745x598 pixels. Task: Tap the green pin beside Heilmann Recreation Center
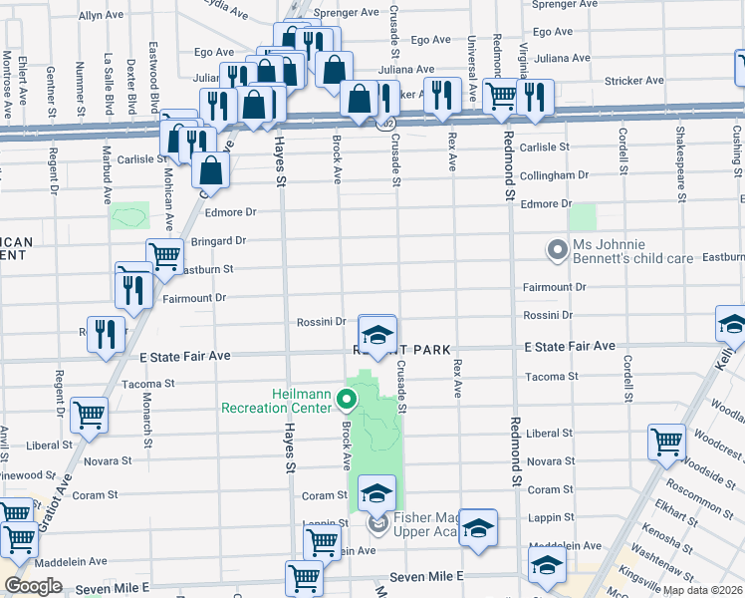pyautogui.click(x=348, y=402)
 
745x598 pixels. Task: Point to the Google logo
pyautogui.click(x=32, y=586)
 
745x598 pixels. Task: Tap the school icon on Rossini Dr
pyautogui.click(x=376, y=335)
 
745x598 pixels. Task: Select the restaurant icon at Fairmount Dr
pyautogui.click(x=132, y=288)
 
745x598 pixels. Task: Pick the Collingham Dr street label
pyautogui.click(x=554, y=175)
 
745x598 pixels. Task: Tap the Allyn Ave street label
pyautogui.click(x=101, y=16)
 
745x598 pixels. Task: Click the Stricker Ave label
pyautogui.click(x=633, y=81)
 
